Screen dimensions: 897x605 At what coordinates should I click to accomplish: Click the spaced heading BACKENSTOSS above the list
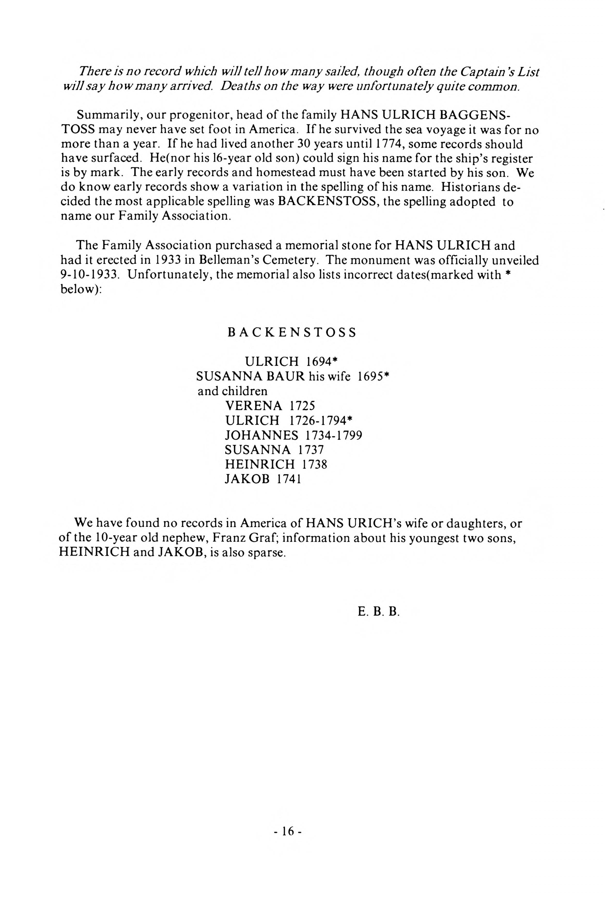click(292, 333)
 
